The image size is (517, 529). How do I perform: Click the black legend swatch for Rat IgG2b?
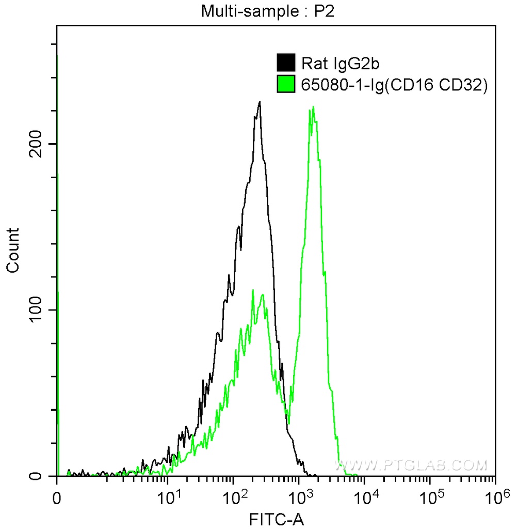pos(286,63)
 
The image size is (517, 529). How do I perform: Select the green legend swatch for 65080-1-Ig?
pos(286,84)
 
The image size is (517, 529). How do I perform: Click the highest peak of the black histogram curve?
pos(260,102)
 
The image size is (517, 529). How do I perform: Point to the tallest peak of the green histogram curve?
pos(313,107)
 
